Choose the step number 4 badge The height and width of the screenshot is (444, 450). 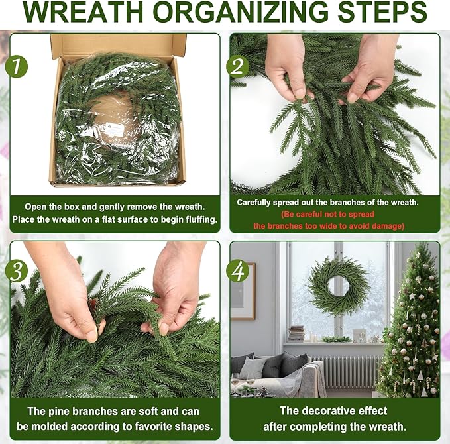pos(237,270)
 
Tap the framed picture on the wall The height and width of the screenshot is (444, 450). pos(243,291)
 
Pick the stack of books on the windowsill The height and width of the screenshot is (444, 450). pos(296,333)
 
